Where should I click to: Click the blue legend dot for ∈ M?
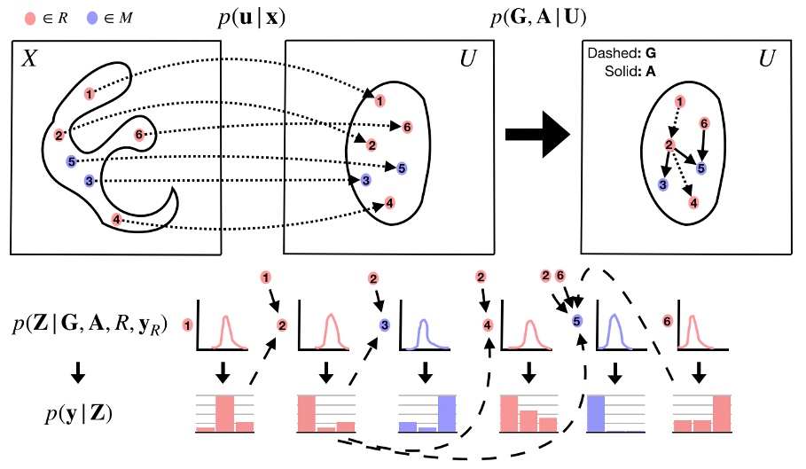pyautogui.click(x=93, y=17)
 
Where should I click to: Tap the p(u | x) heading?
pyautogui.click(x=256, y=18)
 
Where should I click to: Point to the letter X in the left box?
pyautogui.click(x=29, y=59)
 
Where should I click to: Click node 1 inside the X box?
pyautogui.click(x=89, y=93)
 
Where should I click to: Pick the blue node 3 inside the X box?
pyautogui.click(x=89, y=181)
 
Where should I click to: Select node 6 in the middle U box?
pyautogui.click(x=406, y=127)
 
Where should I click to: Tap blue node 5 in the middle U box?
pyautogui.click(x=402, y=168)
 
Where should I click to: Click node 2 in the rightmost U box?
pyautogui.click(x=669, y=145)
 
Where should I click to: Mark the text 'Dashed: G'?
pyautogui.click(x=621, y=54)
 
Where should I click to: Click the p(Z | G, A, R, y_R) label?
pyautogui.click(x=89, y=325)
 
